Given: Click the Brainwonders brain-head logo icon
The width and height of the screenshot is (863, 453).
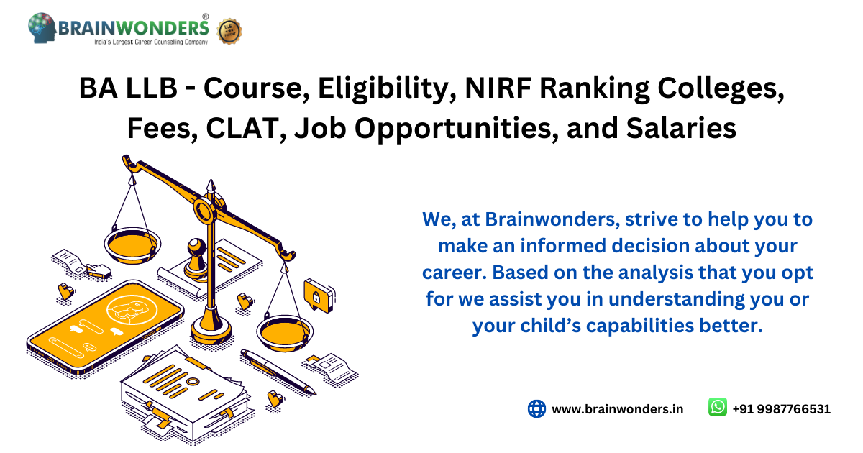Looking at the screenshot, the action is [x=42, y=28].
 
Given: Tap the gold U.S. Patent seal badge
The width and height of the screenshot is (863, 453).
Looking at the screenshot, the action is [x=229, y=31].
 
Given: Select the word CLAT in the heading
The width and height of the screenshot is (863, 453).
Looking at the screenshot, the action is [x=242, y=128].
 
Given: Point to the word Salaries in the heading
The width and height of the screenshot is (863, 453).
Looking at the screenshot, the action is [x=681, y=128].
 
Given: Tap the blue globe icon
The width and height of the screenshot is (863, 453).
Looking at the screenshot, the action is [x=536, y=408].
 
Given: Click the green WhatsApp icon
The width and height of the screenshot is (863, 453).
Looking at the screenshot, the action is [x=718, y=407].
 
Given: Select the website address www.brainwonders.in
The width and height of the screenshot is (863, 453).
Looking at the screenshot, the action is [x=618, y=409].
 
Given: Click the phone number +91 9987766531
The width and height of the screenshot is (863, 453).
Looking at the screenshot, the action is [x=781, y=409].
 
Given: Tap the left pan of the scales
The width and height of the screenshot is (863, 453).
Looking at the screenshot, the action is [x=132, y=245].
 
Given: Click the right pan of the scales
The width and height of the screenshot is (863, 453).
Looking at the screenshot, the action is [x=285, y=332].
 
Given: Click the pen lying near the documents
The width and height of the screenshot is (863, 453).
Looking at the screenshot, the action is [x=278, y=372].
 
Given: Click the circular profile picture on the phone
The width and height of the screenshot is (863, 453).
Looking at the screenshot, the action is [x=132, y=309].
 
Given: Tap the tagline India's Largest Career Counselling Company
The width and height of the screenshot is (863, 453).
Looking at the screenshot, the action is [x=151, y=42].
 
